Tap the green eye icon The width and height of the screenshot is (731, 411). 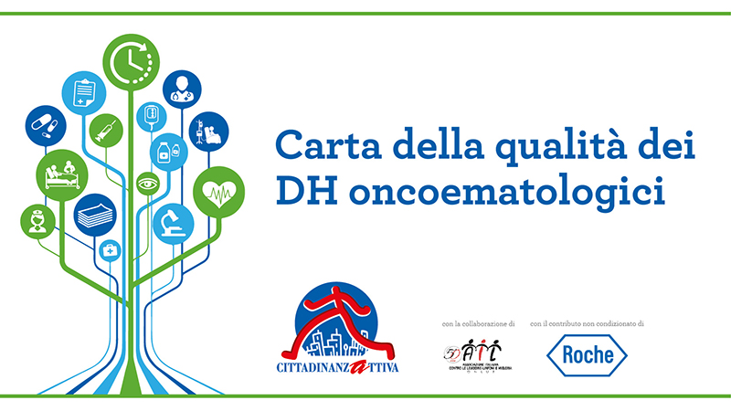pyautogui.click(x=145, y=184)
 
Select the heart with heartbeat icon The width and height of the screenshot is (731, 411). pyautogui.click(x=218, y=192)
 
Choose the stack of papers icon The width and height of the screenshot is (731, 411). pyautogui.click(x=95, y=216)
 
